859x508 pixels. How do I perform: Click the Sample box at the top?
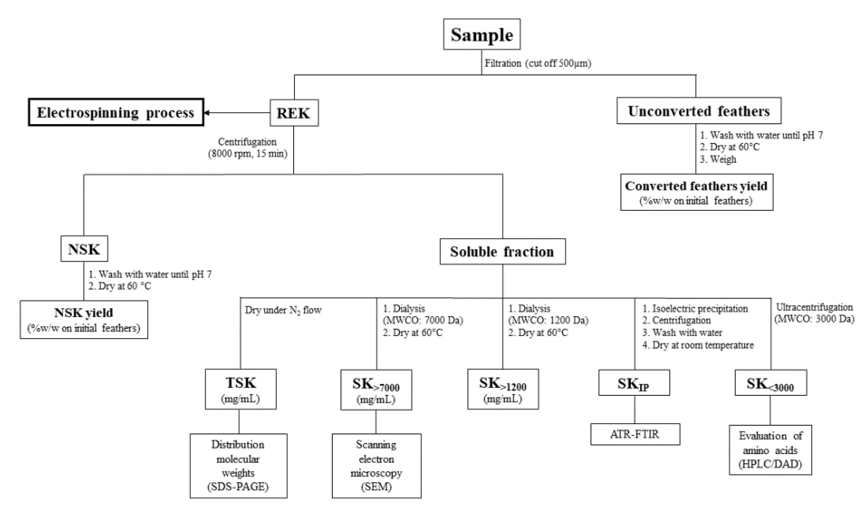coord(482,34)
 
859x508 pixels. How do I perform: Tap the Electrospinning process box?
coord(116,113)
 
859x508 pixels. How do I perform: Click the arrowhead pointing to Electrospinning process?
coord(206,113)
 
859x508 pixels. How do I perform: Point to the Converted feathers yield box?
coord(697,192)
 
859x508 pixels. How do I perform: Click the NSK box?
coord(84,249)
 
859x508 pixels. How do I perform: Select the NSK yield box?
coord(84,320)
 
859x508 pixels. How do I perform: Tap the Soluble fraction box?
coord(502,252)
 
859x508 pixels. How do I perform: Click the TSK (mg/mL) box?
coord(240,389)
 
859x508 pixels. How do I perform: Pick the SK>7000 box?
coord(376,390)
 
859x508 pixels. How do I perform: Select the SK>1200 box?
coord(503,389)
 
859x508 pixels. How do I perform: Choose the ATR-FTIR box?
coord(635,434)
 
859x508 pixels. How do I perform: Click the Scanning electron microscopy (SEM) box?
coord(376,465)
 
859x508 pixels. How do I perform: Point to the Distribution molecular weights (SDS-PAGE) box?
coord(238,465)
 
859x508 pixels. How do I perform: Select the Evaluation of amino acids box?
coord(770,450)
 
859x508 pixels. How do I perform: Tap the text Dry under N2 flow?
coord(283,310)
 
